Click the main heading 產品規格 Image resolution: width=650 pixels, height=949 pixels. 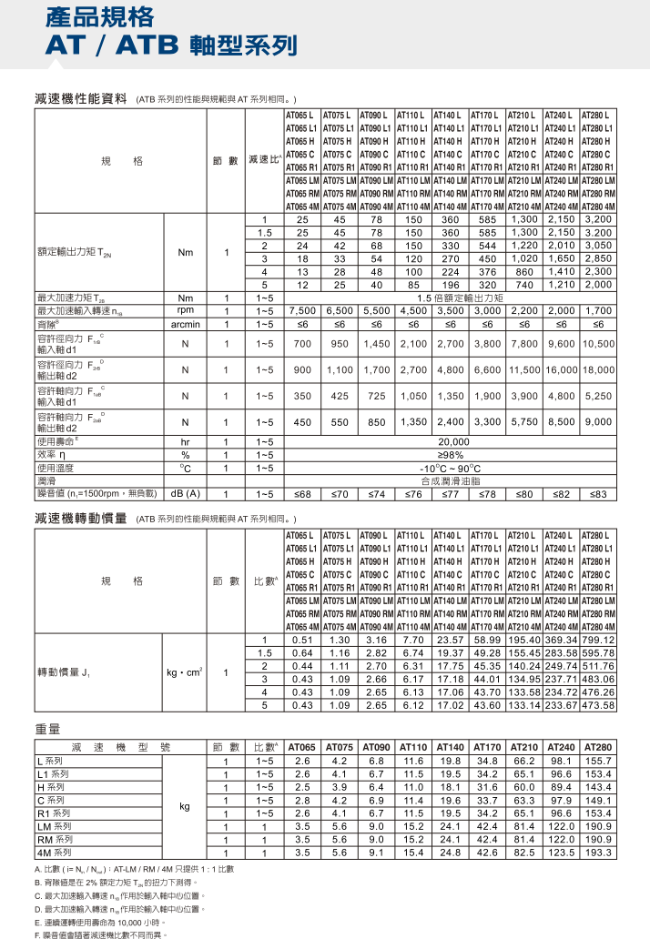pos(87,17)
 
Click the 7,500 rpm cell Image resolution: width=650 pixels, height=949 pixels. pos(301,310)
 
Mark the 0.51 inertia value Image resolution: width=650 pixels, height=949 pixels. pos(301,639)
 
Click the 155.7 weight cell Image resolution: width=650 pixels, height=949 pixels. pos(598,760)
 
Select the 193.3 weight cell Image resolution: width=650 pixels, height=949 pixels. pos(598,853)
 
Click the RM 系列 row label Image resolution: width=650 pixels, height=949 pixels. pos(53,839)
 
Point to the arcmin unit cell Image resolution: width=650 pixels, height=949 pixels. pos(185,323)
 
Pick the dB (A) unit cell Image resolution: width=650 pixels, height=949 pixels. pos(185,493)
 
